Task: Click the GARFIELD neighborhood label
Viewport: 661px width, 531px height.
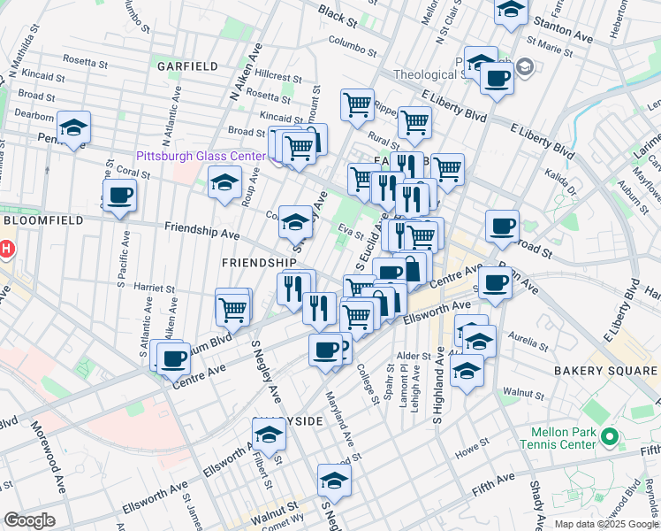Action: click(x=187, y=66)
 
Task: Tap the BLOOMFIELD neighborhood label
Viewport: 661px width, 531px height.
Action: click(x=42, y=219)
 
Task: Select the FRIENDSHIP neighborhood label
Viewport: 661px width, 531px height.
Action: click(x=258, y=263)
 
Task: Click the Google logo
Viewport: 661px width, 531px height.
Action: click(x=29, y=521)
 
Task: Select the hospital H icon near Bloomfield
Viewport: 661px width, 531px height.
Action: click(x=4, y=250)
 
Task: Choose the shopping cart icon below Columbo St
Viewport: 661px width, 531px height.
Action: click(x=357, y=104)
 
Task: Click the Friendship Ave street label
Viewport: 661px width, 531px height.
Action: click(x=201, y=232)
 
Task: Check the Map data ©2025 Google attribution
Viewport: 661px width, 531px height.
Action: click(x=605, y=524)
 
